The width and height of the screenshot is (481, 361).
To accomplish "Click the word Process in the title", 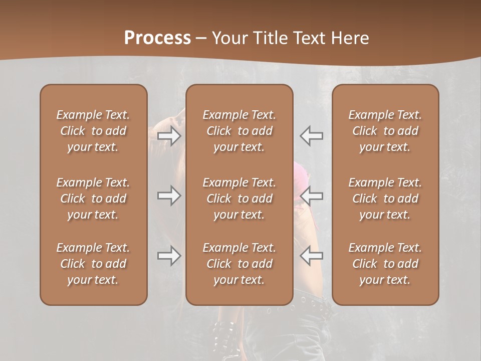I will (x=157, y=38).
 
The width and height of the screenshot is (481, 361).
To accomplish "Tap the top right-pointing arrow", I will (x=169, y=136).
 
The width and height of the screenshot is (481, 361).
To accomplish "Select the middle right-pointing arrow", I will (x=169, y=196).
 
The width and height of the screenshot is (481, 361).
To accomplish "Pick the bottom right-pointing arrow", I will (x=169, y=256).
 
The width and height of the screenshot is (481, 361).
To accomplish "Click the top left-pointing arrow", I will (x=312, y=136).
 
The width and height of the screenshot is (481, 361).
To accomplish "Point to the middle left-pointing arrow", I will (x=312, y=196).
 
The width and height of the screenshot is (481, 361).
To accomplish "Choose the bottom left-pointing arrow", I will (x=312, y=256).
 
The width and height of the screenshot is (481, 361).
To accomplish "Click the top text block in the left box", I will (x=93, y=131).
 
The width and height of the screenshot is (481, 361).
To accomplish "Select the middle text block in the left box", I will (x=93, y=199).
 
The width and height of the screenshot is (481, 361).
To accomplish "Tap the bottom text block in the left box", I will (x=93, y=264).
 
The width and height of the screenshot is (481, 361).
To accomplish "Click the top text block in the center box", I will (x=239, y=131).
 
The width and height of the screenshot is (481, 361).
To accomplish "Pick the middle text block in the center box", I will (x=239, y=199).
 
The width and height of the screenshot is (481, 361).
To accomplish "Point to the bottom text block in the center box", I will (x=239, y=264).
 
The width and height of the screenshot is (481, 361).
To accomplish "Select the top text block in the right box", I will (x=385, y=131).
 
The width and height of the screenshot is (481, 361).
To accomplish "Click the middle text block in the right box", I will (x=385, y=199).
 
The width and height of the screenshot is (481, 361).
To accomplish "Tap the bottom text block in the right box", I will (x=385, y=264).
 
